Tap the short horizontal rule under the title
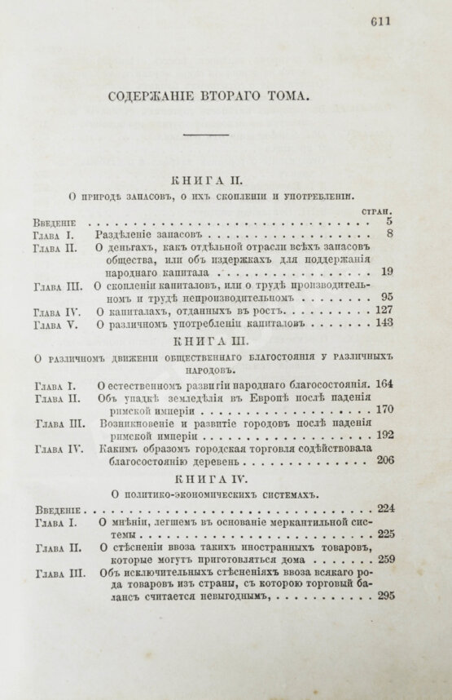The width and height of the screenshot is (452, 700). click(x=210, y=135)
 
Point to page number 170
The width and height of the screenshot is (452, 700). click(x=384, y=410)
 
